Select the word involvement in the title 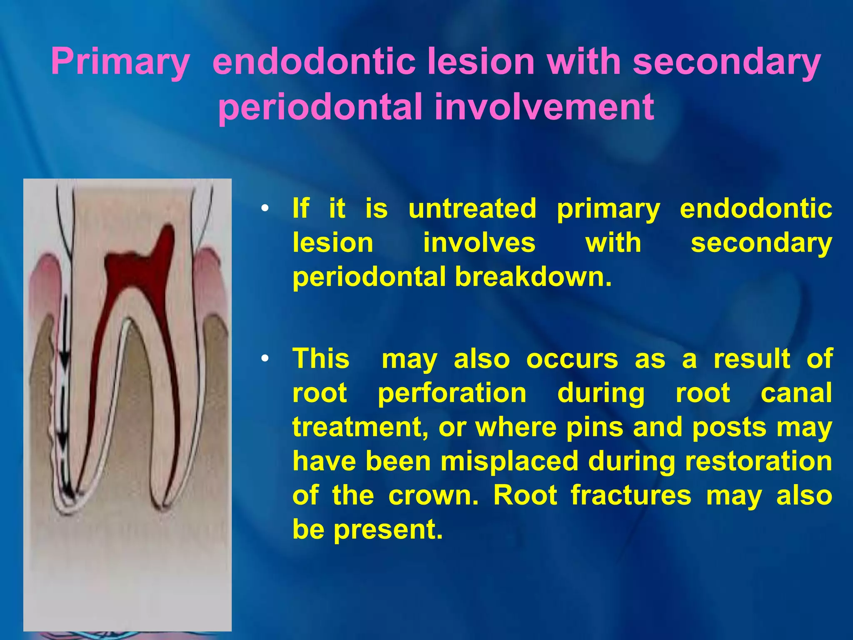(544, 107)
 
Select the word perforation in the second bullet (452, 393)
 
